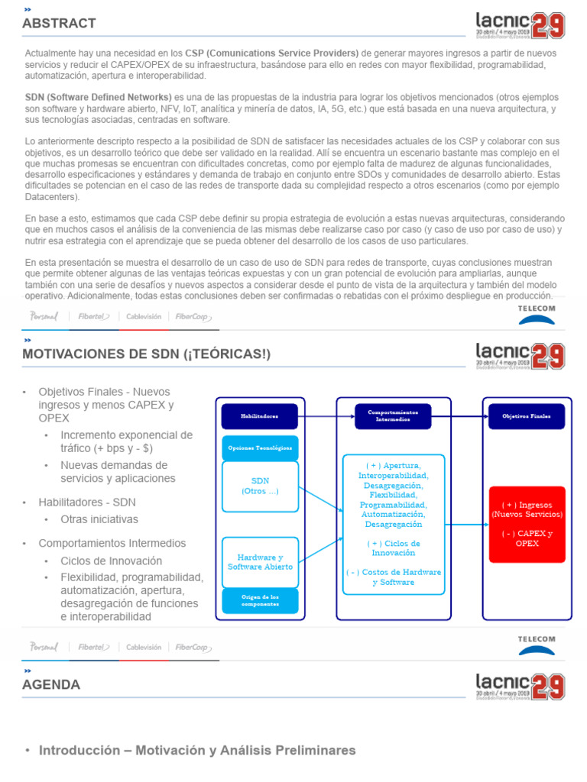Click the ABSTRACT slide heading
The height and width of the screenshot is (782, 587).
point(59,24)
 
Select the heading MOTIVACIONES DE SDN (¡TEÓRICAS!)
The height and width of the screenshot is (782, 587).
point(146,354)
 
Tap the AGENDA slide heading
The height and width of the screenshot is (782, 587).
point(51,685)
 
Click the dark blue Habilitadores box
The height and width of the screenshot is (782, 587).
point(259,416)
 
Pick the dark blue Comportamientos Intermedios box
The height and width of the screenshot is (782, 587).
point(393,416)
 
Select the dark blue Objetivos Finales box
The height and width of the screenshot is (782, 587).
point(526,416)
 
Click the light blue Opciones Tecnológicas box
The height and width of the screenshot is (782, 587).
point(259,448)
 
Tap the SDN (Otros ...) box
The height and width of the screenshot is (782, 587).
point(259,486)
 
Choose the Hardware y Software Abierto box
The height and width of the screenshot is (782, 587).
point(259,562)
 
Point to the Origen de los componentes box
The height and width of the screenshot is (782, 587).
point(259,600)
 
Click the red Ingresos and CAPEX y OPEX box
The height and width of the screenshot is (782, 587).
point(527,524)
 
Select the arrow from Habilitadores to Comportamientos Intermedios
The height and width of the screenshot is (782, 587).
point(326,416)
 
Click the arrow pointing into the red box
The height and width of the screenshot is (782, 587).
point(466,525)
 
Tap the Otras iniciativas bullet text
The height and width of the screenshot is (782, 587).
point(99,519)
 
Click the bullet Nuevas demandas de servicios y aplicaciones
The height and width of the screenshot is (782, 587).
point(118,471)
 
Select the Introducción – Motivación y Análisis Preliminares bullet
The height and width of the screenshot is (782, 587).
point(197,751)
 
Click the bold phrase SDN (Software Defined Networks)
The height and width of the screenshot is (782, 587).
point(99,98)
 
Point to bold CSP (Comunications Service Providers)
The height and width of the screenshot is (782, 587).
point(271,53)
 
